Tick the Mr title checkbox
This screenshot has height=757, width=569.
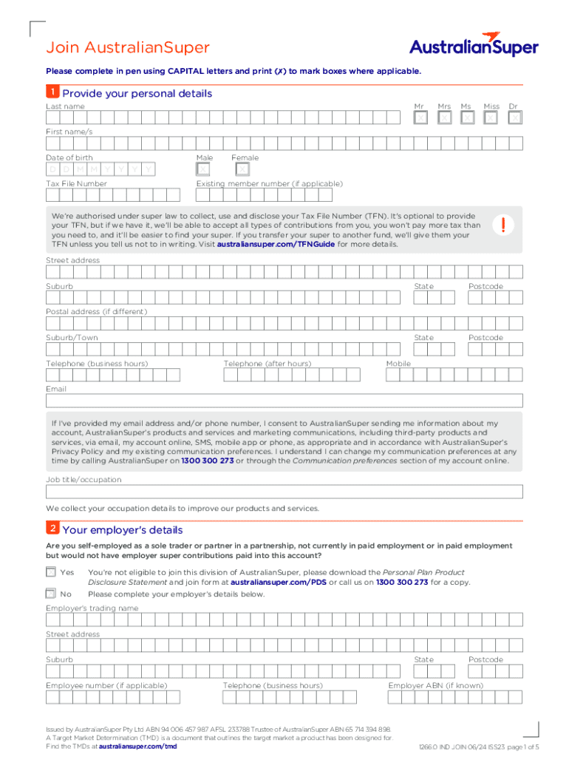tap(420, 118)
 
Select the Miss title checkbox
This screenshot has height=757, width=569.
tap(491, 118)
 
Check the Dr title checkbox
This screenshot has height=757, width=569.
tap(515, 118)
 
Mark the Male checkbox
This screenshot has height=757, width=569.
tap(203, 170)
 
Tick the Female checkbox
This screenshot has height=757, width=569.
tap(242, 170)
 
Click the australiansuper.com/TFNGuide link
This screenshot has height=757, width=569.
tap(276, 244)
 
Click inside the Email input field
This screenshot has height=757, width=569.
tap(284, 401)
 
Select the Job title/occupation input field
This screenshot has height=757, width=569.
tap(284, 492)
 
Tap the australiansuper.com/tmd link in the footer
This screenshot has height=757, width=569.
tap(137, 747)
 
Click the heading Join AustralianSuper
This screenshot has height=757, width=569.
tap(128, 48)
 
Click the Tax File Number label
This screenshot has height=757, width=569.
tap(76, 183)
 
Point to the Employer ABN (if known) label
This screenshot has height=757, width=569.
tap(435, 685)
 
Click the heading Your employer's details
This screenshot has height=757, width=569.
tap(123, 530)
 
